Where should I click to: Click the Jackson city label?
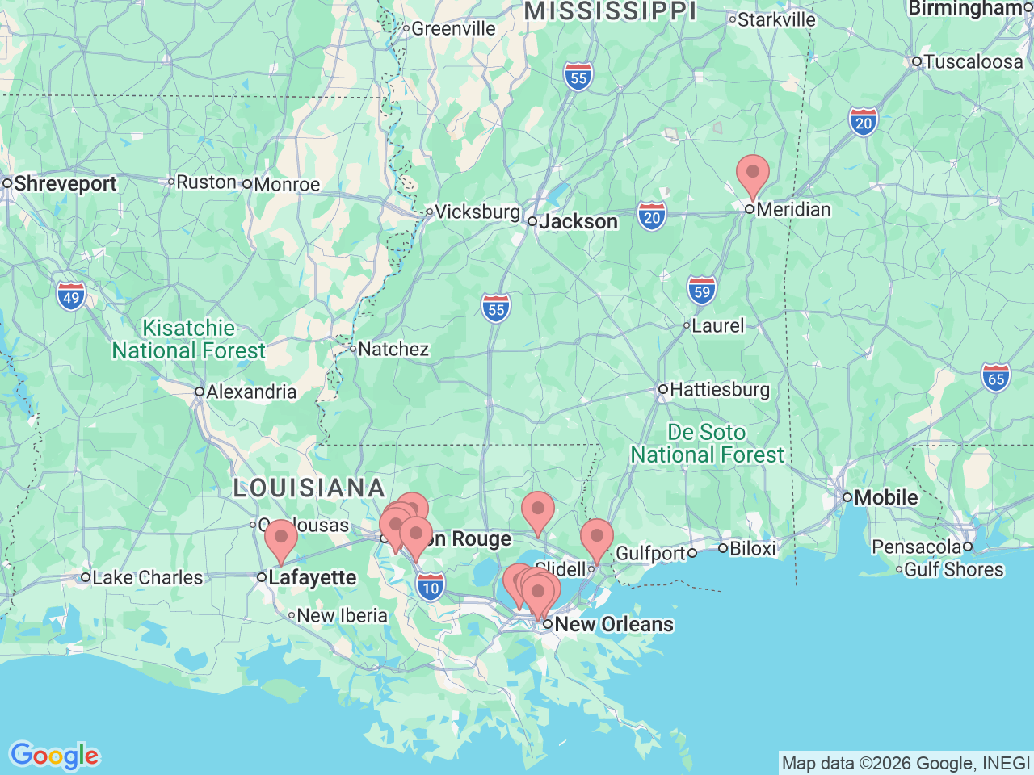click(x=578, y=221)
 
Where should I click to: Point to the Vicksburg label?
click(x=477, y=212)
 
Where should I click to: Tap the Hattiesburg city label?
click(x=719, y=390)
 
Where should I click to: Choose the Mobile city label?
click(x=885, y=497)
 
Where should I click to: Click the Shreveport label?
click(x=65, y=184)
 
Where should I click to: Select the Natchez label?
click(x=393, y=350)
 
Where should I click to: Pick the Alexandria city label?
click(x=251, y=392)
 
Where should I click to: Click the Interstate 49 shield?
click(x=71, y=296)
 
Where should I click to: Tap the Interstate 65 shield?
click(x=996, y=378)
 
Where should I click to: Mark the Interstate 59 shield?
click(x=702, y=291)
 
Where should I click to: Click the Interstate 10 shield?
click(x=431, y=587)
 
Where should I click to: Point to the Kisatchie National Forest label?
click(x=189, y=340)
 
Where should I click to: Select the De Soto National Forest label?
click(x=707, y=444)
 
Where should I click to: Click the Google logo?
click(x=54, y=756)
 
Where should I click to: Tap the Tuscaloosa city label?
click(x=973, y=62)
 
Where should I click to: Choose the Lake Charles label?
click(x=147, y=578)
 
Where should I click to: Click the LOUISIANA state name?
click(x=309, y=488)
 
